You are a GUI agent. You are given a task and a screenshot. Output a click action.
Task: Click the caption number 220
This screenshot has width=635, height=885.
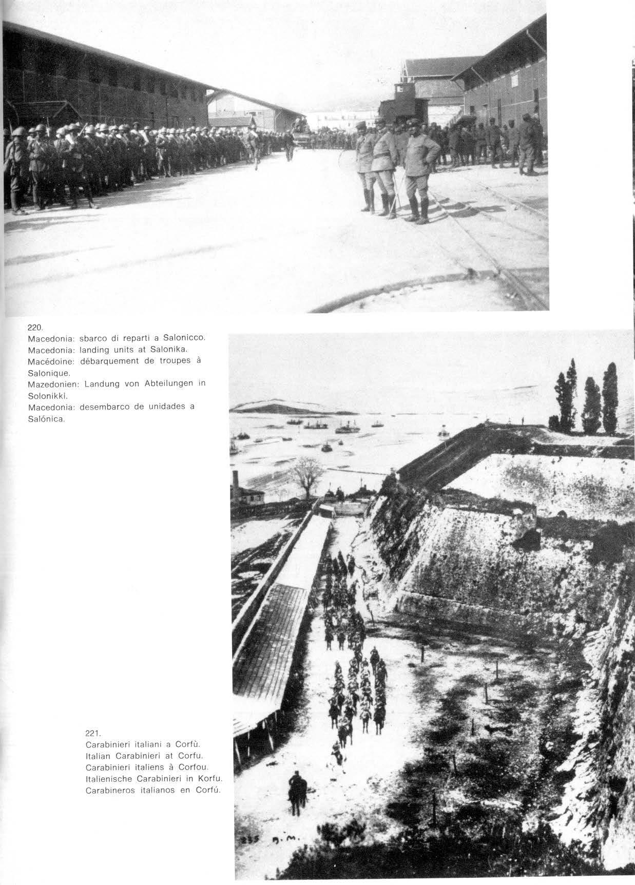coord(35,326)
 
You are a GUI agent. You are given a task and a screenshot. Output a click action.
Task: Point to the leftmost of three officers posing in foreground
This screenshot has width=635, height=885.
coord(365,164)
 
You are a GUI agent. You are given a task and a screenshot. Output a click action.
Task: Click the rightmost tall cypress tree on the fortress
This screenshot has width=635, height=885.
coord(610,397)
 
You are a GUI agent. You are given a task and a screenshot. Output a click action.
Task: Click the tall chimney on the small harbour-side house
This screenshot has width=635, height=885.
coord(235,483)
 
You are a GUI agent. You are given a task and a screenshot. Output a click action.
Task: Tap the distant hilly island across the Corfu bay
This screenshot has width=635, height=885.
coord(272,407)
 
